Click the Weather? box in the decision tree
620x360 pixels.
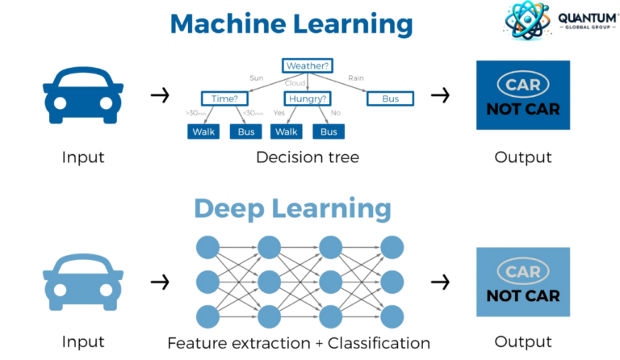tap(308, 65)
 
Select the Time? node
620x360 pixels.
tap(222, 98)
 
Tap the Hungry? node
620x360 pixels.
tap(308, 98)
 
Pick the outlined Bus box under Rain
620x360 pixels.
tap(391, 98)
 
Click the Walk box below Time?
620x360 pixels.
tap(204, 132)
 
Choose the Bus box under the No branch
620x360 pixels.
tap(329, 132)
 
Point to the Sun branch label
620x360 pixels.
tap(256, 78)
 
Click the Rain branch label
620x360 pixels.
tap(355, 78)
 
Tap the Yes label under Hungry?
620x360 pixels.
tap(280, 114)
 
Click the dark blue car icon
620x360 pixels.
tap(83, 95)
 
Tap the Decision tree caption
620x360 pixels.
tap(307, 157)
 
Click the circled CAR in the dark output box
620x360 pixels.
tap(522, 85)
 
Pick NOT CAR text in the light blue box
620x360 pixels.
tap(522, 295)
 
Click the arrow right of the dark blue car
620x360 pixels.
tap(161, 96)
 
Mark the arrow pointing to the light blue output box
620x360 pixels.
tap(440, 283)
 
